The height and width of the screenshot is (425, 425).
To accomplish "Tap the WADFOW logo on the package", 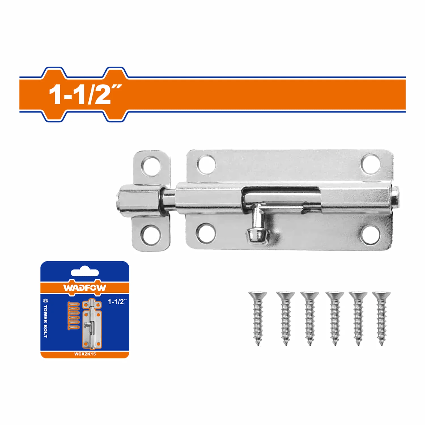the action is (x=85, y=288).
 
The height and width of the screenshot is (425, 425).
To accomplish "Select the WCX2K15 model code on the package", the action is (x=85, y=354).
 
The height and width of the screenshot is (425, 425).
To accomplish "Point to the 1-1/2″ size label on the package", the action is (x=117, y=302).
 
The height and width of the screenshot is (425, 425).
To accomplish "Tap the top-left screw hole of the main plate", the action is (x=206, y=164).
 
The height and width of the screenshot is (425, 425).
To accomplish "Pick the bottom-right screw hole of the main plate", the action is (x=370, y=234).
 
